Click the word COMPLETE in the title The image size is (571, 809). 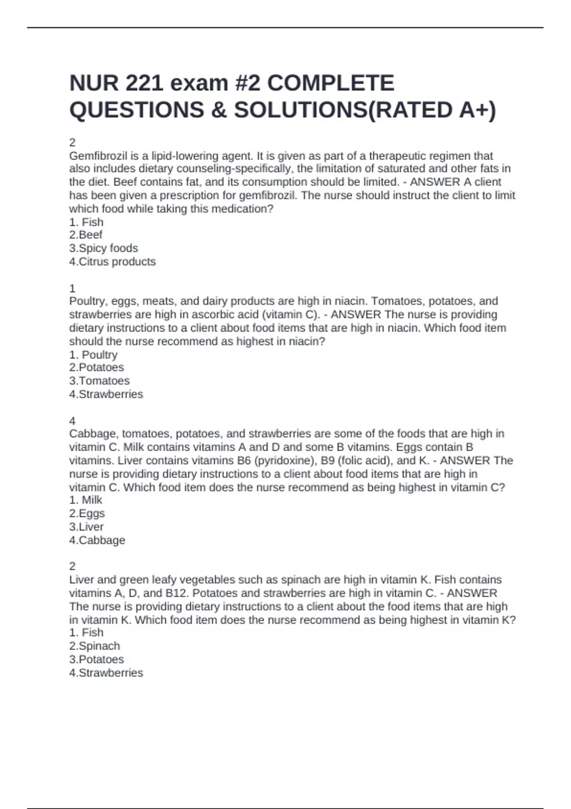click(x=331, y=83)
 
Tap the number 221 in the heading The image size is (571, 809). click(x=145, y=83)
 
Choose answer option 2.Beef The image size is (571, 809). click(x=86, y=235)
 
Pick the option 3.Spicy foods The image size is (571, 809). click(x=103, y=248)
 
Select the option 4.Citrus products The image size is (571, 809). click(x=112, y=262)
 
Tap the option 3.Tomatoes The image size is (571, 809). click(x=99, y=381)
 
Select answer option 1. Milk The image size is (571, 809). click(x=86, y=500)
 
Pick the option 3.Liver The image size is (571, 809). click(x=86, y=527)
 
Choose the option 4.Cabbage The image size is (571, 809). click(x=97, y=541)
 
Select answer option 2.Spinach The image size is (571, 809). click(x=94, y=646)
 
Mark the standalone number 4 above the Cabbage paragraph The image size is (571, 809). click(x=72, y=421)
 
